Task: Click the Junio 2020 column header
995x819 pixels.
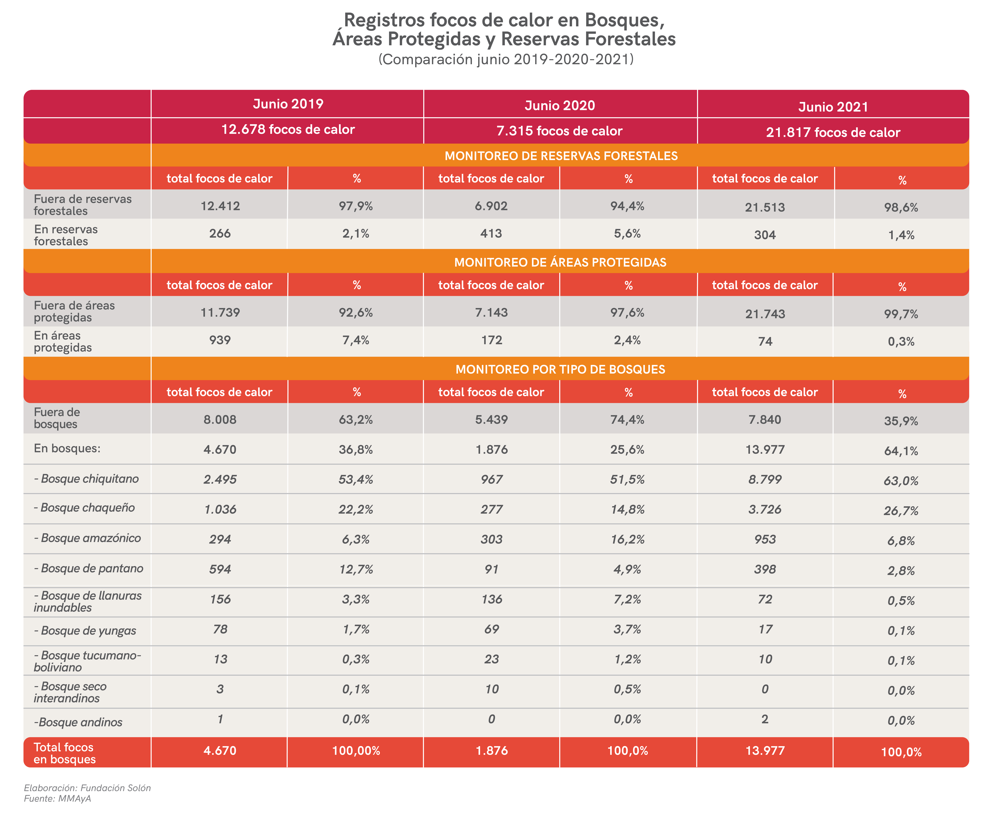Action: pos(560,105)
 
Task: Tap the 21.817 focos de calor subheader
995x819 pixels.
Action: pos(833,132)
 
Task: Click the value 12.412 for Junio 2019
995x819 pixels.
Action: pos(220,206)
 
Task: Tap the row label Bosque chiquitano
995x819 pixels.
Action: pos(86,479)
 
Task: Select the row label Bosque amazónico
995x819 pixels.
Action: pos(87,538)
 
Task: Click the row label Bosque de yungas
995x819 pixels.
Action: pos(85,631)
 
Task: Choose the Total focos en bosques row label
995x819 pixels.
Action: pos(65,753)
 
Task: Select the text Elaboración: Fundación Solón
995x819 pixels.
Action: pos(87,788)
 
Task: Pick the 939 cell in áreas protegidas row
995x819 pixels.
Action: pos(220,340)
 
